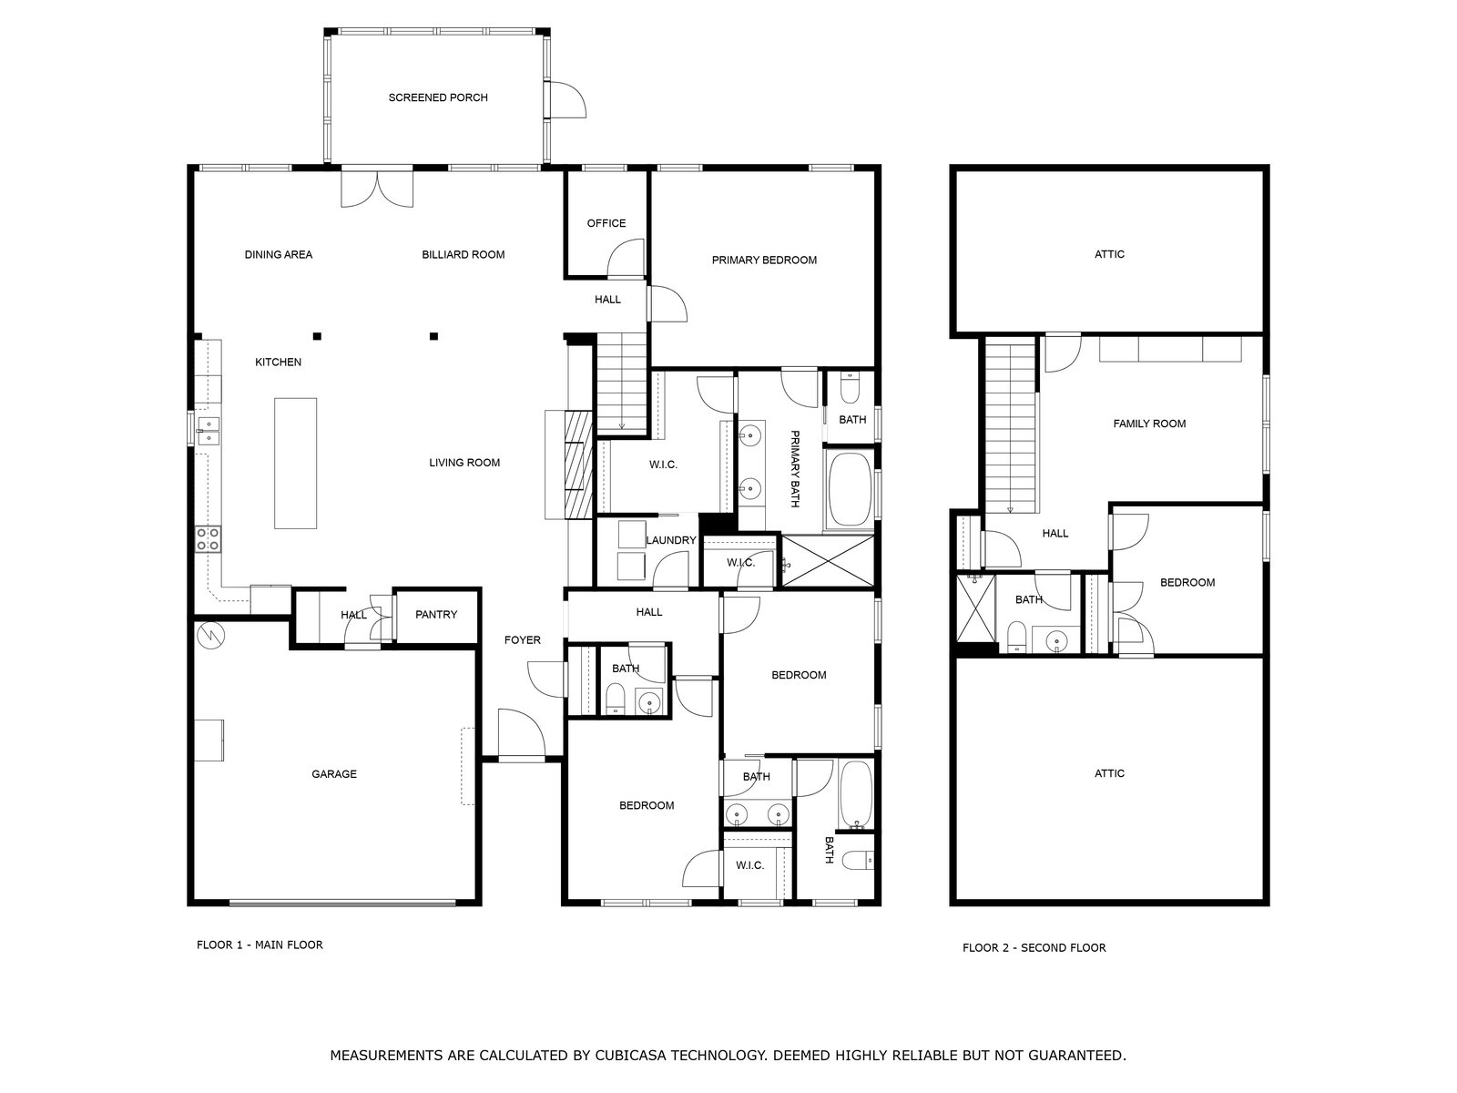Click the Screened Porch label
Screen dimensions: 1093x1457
pyautogui.click(x=438, y=97)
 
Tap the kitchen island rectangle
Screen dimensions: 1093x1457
pyautogui.click(x=296, y=463)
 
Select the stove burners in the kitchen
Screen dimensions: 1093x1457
pyautogui.click(x=208, y=539)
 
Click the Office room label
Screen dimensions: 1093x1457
pyautogui.click(x=606, y=223)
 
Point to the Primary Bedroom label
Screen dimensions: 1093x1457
pyautogui.click(x=764, y=260)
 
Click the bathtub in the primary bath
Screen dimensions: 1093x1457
pyautogui.click(x=850, y=489)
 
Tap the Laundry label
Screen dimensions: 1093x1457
pyautogui.click(x=671, y=540)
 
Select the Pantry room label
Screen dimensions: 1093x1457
pyautogui.click(x=436, y=615)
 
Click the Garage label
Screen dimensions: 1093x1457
pyautogui.click(x=334, y=774)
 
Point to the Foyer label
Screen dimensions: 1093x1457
pyautogui.click(x=523, y=640)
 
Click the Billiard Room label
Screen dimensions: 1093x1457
pyautogui.click(x=464, y=254)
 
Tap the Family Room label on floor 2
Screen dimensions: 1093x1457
pyautogui.click(x=1149, y=424)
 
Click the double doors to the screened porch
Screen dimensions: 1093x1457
pyautogui.click(x=377, y=187)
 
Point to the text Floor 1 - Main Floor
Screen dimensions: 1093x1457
pyautogui.click(x=260, y=945)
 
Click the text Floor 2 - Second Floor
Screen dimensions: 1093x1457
pyautogui.click(x=1034, y=947)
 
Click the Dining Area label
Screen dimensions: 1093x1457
pyautogui.click(x=279, y=254)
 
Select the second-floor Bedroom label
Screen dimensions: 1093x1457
pyautogui.click(x=1187, y=583)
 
